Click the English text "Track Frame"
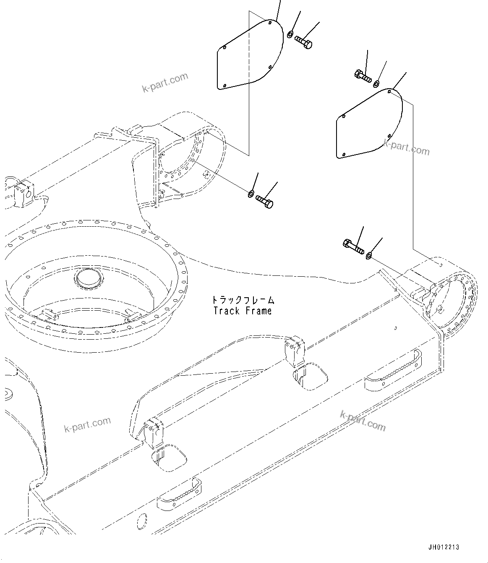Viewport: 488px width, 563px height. pyautogui.click(x=242, y=311)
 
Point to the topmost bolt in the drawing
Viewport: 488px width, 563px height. pyautogui.click(x=303, y=42)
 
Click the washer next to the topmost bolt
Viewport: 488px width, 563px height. pyautogui.click(x=290, y=34)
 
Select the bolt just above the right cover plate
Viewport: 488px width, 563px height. pyautogui.click(x=362, y=76)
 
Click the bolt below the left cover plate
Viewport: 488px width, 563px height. pyautogui.click(x=264, y=200)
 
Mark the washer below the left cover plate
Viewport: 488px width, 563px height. pyautogui.click(x=251, y=194)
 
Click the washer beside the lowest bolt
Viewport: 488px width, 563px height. pyautogui.click(x=369, y=255)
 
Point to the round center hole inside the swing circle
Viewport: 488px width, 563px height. pyautogui.click(x=88, y=278)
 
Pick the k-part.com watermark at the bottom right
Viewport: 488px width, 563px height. pyautogui.click(x=363, y=421)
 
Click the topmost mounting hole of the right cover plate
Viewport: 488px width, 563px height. pyautogui.click(x=389, y=90)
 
